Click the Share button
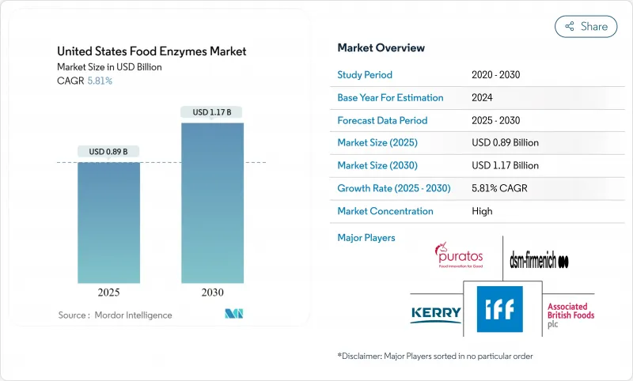[586, 26]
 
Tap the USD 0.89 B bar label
[108, 152]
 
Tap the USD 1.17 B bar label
[211, 112]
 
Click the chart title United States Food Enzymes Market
[151, 51]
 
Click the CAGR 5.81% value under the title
[99, 81]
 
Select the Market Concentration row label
[385, 211]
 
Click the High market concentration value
[481, 211]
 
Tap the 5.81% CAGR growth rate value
[506, 189]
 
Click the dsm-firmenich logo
[540, 261]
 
